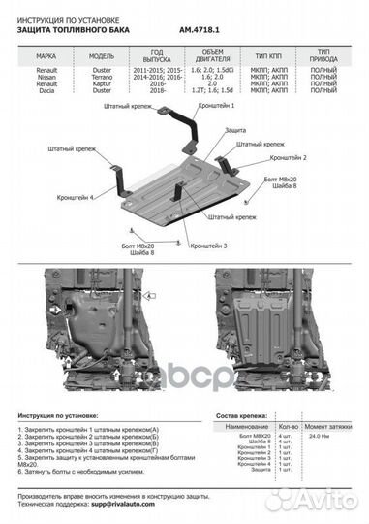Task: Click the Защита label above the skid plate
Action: (235, 129)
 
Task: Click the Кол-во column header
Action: (288, 426)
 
